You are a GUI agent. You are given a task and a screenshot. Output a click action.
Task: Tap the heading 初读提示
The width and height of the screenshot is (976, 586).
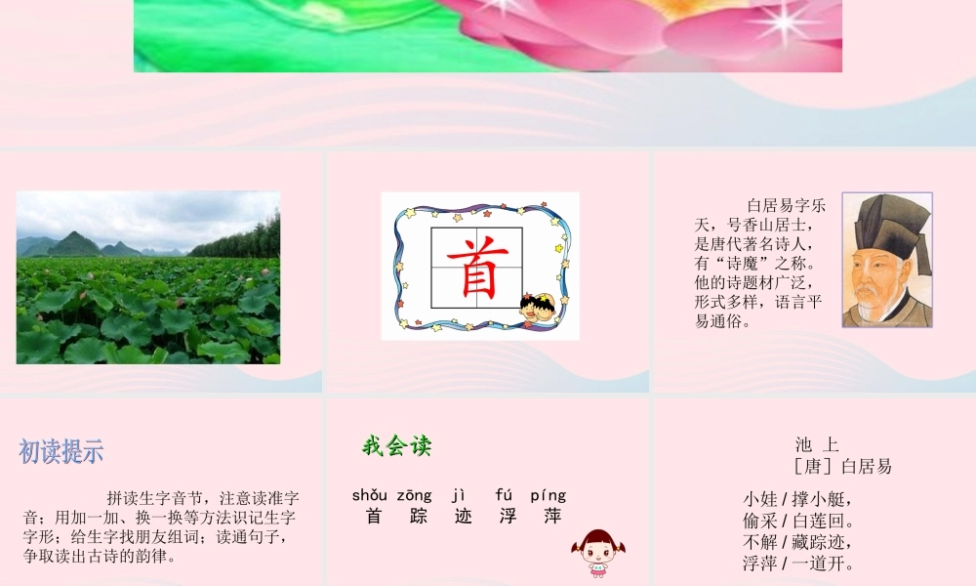[x=61, y=452]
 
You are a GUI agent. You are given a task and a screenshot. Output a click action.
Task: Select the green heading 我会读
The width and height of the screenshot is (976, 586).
[x=396, y=447]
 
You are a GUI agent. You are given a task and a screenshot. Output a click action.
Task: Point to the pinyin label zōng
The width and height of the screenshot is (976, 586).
[x=414, y=495]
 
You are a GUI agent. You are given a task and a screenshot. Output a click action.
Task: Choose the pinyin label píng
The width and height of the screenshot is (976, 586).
[x=548, y=495]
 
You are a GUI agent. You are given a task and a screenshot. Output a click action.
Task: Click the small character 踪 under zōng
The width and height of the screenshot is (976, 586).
[x=419, y=516]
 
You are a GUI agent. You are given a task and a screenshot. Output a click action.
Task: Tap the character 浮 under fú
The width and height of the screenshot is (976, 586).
[x=508, y=516]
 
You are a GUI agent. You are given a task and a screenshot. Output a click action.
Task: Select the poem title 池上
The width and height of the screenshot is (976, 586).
[x=817, y=445]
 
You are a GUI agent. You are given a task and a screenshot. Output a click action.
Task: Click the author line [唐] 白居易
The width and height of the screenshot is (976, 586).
[x=842, y=466]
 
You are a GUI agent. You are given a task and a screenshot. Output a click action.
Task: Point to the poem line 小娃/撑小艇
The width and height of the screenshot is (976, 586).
[x=797, y=499]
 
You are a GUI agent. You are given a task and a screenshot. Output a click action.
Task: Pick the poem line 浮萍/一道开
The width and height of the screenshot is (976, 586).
[x=797, y=564]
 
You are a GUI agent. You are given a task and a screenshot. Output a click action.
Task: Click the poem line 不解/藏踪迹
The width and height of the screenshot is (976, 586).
[x=797, y=542]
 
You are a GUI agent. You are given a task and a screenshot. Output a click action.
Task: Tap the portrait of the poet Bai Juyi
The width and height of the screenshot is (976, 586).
[x=887, y=260]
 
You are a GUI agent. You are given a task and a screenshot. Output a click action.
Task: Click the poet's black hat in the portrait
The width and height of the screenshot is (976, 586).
[x=889, y=220]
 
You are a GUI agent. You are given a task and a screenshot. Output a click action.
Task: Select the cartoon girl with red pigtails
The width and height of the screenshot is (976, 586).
[x=594, y=553]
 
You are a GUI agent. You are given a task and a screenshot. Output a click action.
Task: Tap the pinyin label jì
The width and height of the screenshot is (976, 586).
[x=462, y=495]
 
